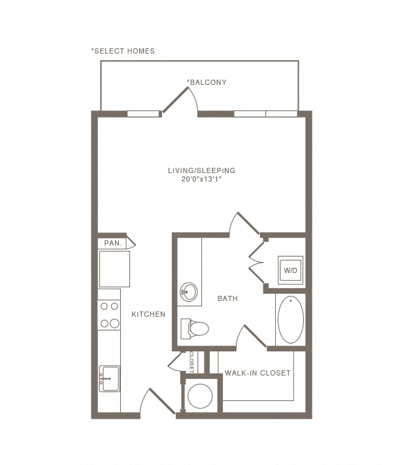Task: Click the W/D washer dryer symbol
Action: tap(290, 270)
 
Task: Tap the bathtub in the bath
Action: tap(291, 319)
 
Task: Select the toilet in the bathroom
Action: tap(194, 329)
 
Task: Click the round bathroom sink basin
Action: tap(189, 292)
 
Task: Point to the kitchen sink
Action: tap(109, 378)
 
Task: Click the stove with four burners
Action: tap(109, 315)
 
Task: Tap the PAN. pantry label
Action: tap(113, 243)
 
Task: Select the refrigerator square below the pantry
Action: tap(114, 268)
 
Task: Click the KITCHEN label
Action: tap(148, 314)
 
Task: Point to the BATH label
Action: tap(227, 298)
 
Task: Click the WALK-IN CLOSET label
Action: tap(257, 373)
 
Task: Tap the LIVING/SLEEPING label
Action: tap(201, 170)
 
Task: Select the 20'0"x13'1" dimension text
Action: tap(201, 179)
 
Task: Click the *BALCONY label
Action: tap(207, 82)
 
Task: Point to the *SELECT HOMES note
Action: tap(123, 51)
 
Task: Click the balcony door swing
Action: tap(180, 100)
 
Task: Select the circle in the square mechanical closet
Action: tap(200, 396)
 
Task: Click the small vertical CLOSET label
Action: tap(191, 362)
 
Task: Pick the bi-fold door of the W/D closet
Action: tap(256, 262)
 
